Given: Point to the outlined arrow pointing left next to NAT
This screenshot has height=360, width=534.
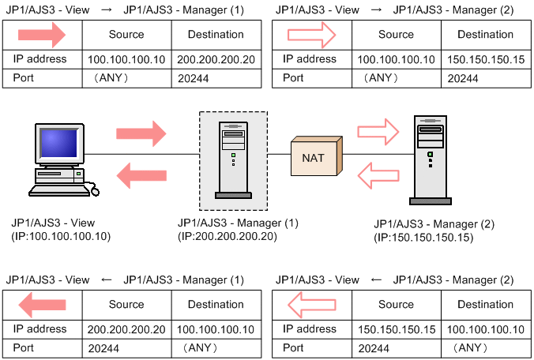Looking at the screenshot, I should click(378, 174).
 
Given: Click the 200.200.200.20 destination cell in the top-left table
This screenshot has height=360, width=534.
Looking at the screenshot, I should click(216, 59).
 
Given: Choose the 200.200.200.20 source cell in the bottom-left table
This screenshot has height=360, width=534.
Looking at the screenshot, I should click(126, 328).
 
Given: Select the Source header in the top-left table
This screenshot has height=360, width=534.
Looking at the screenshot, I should click(126, 35).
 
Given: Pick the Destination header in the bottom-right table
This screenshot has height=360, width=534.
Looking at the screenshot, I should click(485, 304).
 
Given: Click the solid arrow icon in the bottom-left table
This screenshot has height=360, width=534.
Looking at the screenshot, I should click(42, 304).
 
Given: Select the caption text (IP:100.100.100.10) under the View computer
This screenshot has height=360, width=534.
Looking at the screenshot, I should click(61, 236).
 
